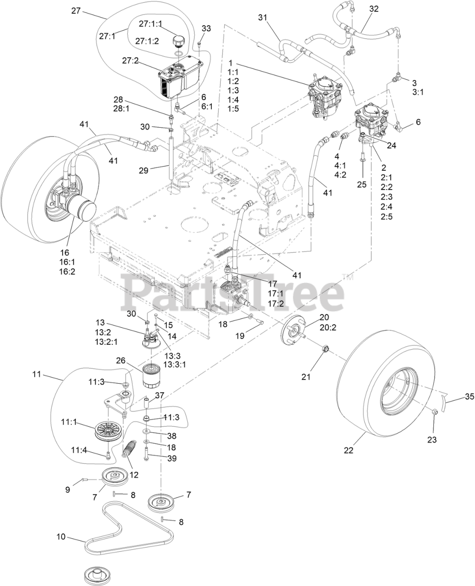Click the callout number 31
coord(262,17)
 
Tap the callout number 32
coord(373,9)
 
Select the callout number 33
coord(206,28)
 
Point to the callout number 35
coord(470,397)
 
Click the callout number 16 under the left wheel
coord(64,252)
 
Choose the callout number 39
coord(172,458)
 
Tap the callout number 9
coord(68,489)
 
